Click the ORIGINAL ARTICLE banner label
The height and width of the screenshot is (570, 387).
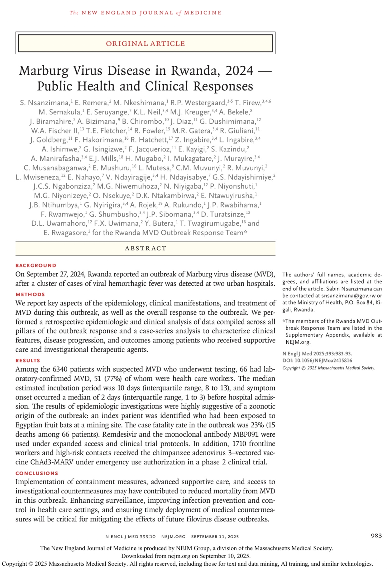145,44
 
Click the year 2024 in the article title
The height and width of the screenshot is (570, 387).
239,71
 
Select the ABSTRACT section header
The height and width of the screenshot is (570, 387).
146,248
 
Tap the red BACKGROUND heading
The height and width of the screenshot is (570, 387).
36,266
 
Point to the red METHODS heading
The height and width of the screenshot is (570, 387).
30,295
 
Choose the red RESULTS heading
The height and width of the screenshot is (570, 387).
28,361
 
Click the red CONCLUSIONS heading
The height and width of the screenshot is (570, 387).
37,473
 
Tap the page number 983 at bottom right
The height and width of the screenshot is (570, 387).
376,535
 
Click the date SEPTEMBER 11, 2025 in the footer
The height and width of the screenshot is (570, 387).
215,537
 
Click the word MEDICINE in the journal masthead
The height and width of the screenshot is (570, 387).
203,13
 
